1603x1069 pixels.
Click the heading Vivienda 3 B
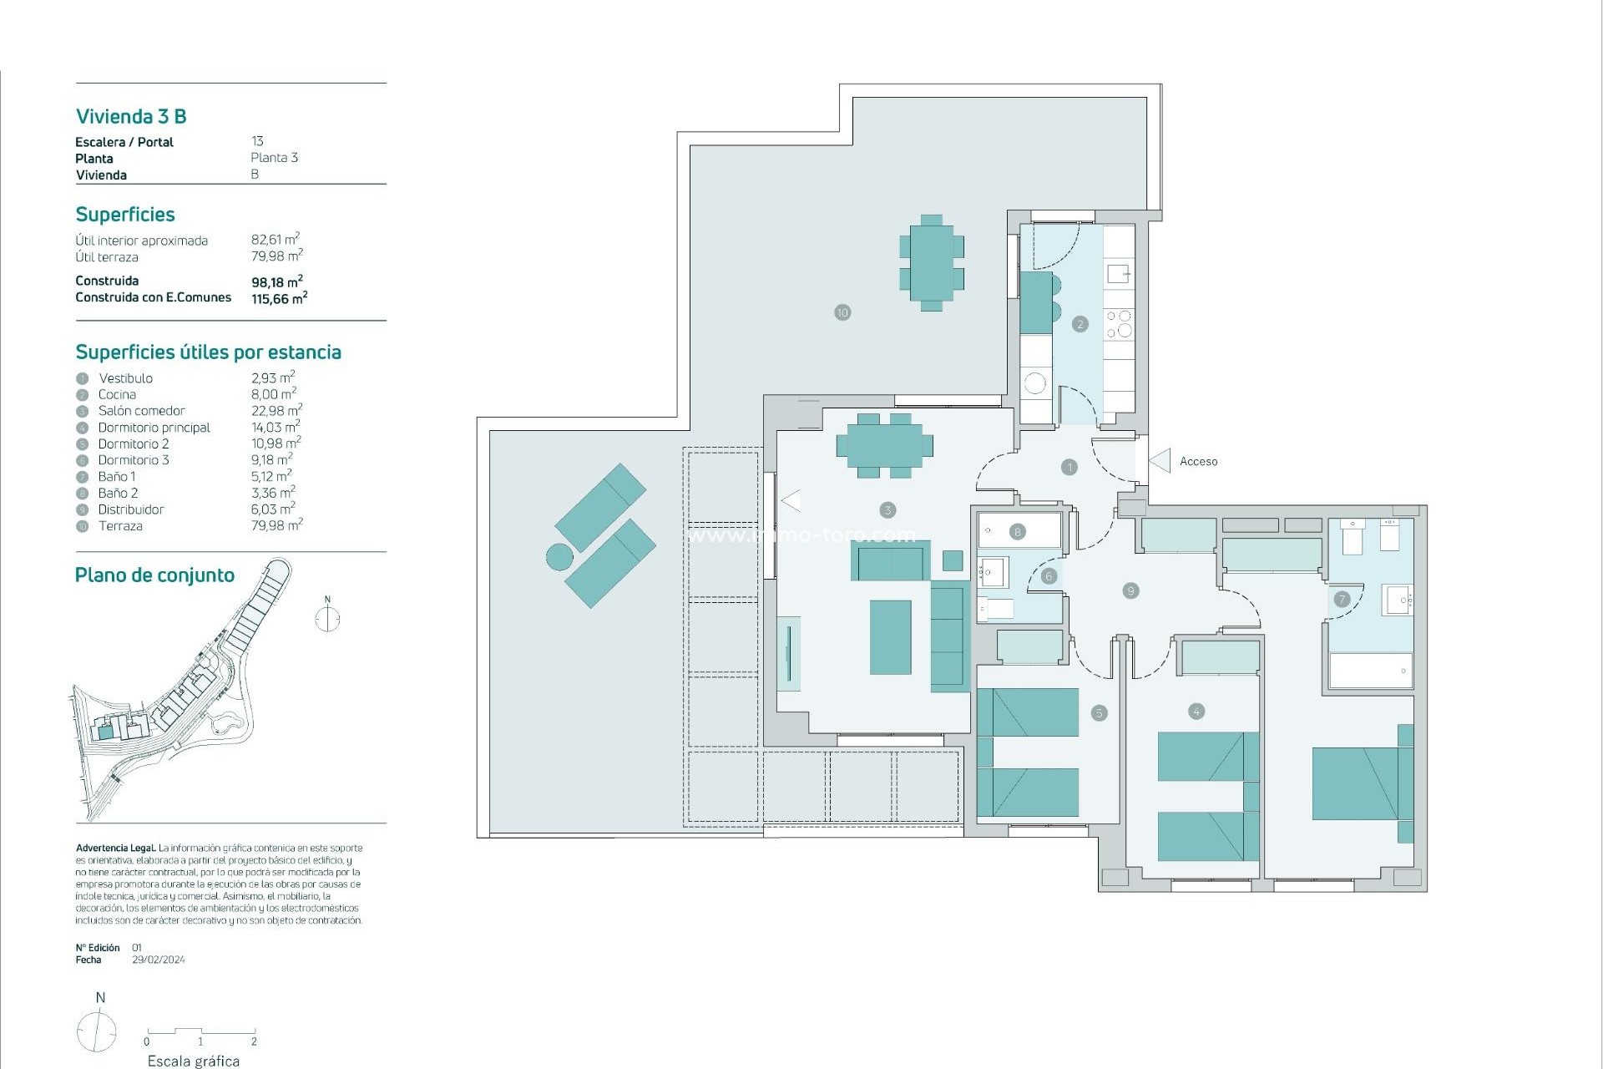[x=131, y=116]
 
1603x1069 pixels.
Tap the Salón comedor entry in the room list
[x=141, y=411]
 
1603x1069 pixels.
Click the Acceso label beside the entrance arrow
[x=1198, y=461]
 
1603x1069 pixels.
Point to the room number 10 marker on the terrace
[x=842, y=312]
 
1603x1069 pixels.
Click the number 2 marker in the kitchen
[x=1080, y=324]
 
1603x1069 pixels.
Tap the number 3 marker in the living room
[x=887, y=509]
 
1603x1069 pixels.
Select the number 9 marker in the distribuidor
[x=1131, y=590]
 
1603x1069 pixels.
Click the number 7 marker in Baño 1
[x=1342, y=599]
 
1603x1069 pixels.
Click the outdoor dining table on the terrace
[x=932, y=263]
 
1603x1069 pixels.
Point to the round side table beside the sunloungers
[x=559, y=556]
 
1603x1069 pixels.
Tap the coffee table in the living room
[x=890, y=637]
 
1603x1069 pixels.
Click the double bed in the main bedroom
[x=1357, y=783]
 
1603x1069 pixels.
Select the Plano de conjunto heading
[x=154, y=575]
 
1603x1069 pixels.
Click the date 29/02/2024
[x=159, y=960]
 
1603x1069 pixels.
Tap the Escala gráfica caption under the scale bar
[x=194, y=1061]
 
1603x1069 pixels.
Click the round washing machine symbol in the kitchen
[x=1035, y=383]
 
